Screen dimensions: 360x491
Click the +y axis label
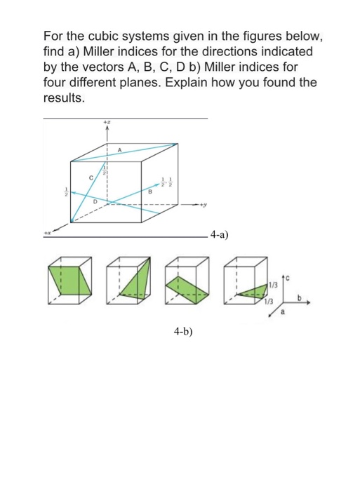(x=204, y=206)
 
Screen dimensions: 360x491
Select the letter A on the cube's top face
(x=120, y=149)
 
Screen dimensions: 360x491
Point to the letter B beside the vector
(x=150, y=189)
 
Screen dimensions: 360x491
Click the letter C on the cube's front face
(x=91, y=177)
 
